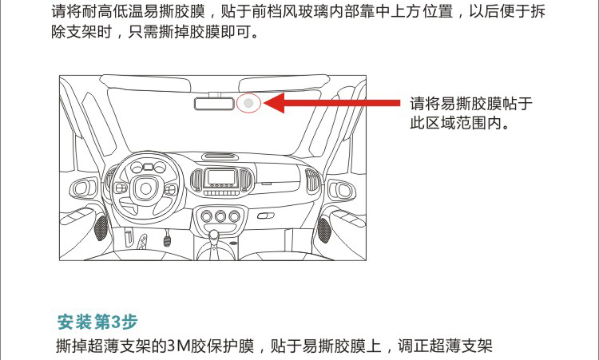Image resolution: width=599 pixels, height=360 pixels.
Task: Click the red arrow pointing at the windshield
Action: tap(331, 103)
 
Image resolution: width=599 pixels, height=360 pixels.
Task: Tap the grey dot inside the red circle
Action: tap(248, 103)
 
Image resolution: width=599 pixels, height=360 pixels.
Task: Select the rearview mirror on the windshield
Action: tap(214, 104)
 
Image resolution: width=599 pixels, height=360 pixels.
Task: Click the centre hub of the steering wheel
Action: tap(146, 188)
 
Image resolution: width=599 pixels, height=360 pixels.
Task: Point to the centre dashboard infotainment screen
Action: tap(221, 177)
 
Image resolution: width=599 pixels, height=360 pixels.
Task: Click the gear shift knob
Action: tap(214, 235)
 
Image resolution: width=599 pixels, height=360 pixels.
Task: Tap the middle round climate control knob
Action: tap(220, 216)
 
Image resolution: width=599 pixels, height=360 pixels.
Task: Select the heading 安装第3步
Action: tap(97, 322)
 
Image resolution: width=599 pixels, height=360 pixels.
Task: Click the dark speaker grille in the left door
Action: tap(101, 228)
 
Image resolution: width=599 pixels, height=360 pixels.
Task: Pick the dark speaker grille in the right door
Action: tap(324, 230)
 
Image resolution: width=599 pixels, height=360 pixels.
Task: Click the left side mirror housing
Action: tap(83, 188)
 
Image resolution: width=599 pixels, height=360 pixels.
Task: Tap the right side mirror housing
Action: tap(342, 190)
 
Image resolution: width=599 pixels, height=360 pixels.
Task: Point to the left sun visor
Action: tap(145, 83)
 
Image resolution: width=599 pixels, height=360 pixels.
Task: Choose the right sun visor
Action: tap(284, 83)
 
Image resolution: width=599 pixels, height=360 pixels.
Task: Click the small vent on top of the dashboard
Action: tap(220, 156)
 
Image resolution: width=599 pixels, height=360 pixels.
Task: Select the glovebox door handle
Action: tap(265, 216)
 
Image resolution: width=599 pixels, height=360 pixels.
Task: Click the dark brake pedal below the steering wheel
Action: tap(167, 241)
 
